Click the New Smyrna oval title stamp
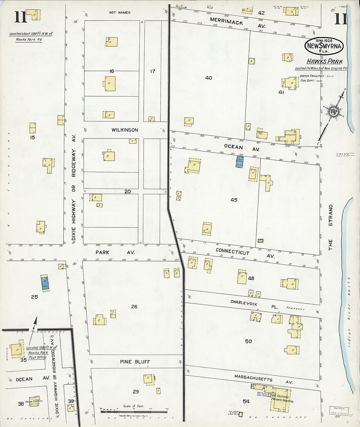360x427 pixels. point(324,46)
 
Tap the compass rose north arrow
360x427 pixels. point(334,111)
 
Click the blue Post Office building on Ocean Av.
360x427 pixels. point(240,162)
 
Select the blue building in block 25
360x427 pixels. point(45,283)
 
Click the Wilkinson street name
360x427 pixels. point(125,130)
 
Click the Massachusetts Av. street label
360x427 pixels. point(253,378)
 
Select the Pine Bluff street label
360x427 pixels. point(135,362)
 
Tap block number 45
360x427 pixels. point(234,200)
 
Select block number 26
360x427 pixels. point(134,307)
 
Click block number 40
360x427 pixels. point(208,78)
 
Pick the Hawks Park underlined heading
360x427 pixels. point(325,62)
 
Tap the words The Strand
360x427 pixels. point(331,227)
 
